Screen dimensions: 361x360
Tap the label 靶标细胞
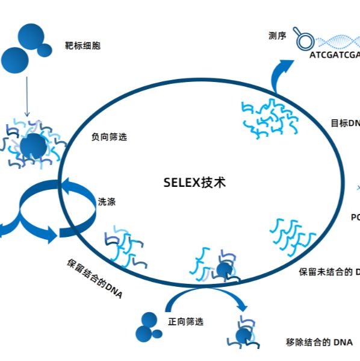pyautogui.click(x=83, y=46)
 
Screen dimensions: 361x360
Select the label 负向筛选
pyautogui.click(x=109, y=137)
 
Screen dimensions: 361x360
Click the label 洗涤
pyautogui.click(x=107, y=202)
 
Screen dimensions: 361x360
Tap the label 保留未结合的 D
pyautogui.click(x=329, y=272)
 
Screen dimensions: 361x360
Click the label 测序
pyautogui.click(x=277, y=36)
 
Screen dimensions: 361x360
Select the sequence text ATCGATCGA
pyautogui.click(x=335, y=55)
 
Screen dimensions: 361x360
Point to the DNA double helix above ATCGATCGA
pyautogui.click(x=338, y=42)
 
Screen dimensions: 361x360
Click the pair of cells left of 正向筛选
pyautogui.click(x=147, y=326)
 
